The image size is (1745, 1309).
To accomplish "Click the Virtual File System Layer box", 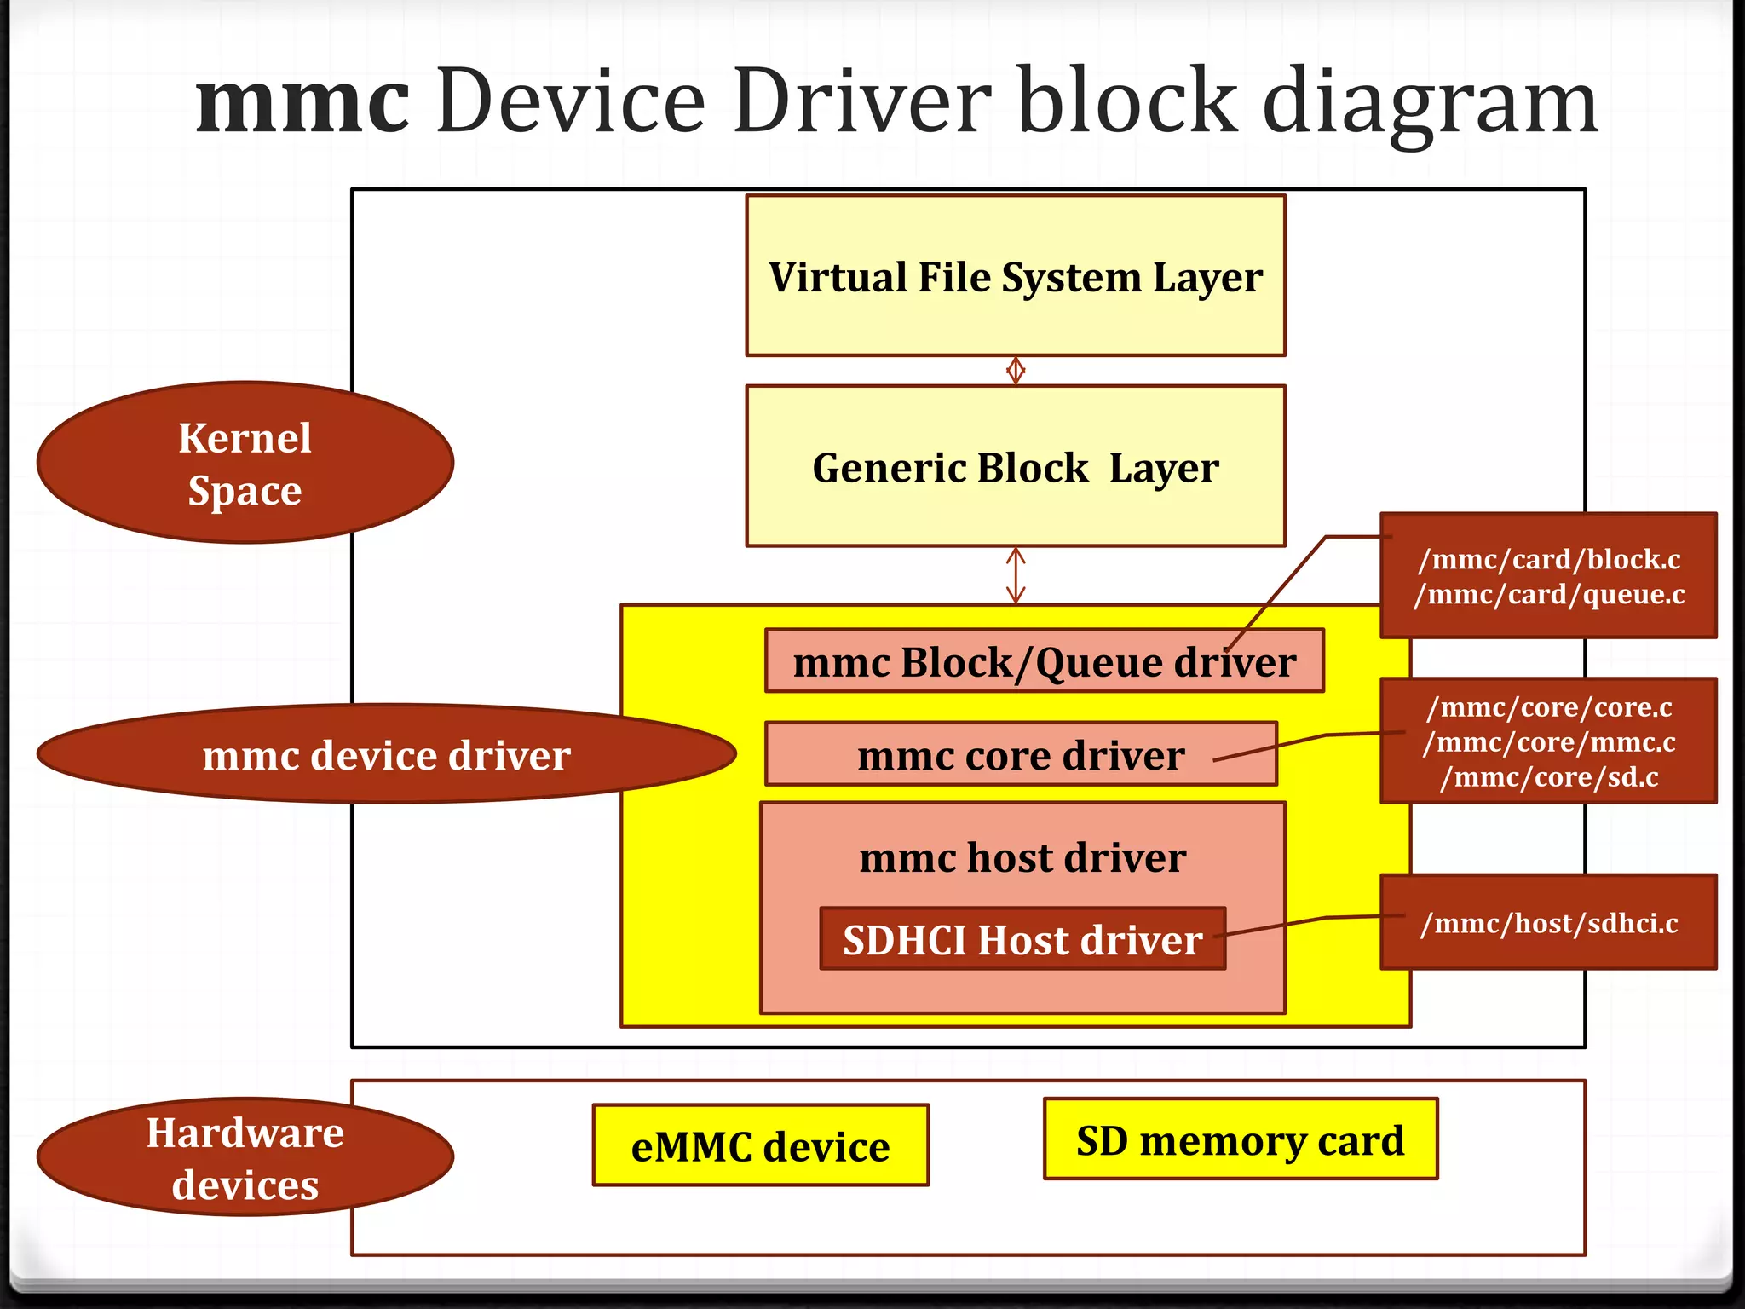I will tap(1015, 276).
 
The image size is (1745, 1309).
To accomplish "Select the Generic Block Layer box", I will tap(1015, 466).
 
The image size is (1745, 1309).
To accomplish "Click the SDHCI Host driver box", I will tap(1022, 939).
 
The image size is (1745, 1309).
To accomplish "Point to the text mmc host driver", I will tap(1022, 856).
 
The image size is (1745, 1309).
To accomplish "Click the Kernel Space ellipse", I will tap(245, 463).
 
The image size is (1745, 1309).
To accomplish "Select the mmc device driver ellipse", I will tap(386, 754).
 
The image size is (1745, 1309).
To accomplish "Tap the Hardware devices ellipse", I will tap(245, 1157).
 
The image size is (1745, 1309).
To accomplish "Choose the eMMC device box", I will tap(760, 1145).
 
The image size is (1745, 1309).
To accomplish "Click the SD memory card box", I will tap(1240, 1139).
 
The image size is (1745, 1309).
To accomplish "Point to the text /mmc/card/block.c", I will tap(1548, 559).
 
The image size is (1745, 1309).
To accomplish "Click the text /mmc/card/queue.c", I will tap(1548, 594).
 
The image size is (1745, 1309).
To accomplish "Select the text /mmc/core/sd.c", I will tap(1548, 777).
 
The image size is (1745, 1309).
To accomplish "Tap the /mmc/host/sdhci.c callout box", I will tap(1548, 923).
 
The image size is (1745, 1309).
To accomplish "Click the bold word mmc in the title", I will tap(303, 102).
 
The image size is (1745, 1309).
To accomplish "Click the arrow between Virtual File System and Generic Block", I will tap(1015, 371).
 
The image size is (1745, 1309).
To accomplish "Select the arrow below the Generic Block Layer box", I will tap(1015, 575).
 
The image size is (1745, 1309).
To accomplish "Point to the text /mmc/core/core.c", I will tap(1548, 707).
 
